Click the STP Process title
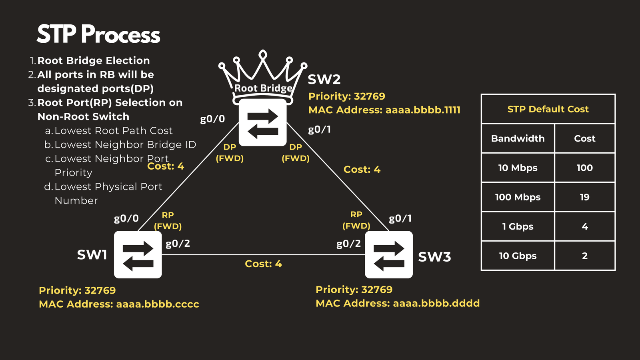click(98, 34)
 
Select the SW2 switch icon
click(263, 122)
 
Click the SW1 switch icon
click(138, 254)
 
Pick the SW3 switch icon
click(389, 254)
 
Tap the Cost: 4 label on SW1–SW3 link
click(263, 264)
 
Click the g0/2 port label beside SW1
click(178, 244)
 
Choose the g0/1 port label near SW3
click(400, 218)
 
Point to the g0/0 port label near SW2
click(212, 119)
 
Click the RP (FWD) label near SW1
click(168, 221)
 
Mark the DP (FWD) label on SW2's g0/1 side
click(296, 153)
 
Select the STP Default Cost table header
click(548, 109)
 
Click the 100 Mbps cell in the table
click(518, 197)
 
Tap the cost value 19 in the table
click(584, 197)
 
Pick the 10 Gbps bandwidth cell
click(518, 256)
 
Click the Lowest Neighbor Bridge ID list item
click(125, 144)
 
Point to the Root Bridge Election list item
click(94, 60)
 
